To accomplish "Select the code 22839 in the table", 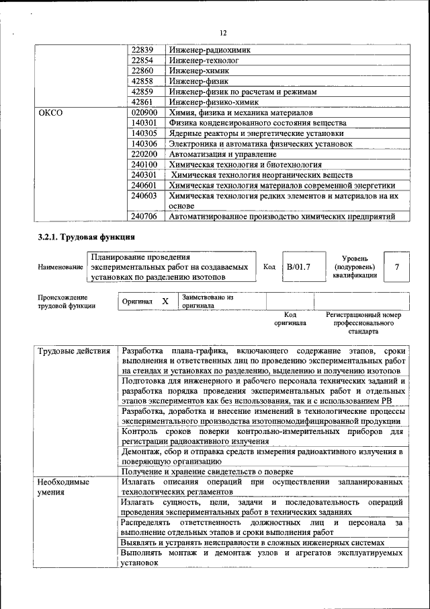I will point(142,50).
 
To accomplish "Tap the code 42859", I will point(142,92).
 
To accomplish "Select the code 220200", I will point(144,154).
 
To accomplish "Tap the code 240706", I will point(144,216).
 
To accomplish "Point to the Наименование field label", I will point(60,268).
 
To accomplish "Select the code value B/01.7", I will point(298,267).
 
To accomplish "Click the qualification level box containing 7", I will point(396,267).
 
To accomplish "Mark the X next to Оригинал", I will point(165,301).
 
